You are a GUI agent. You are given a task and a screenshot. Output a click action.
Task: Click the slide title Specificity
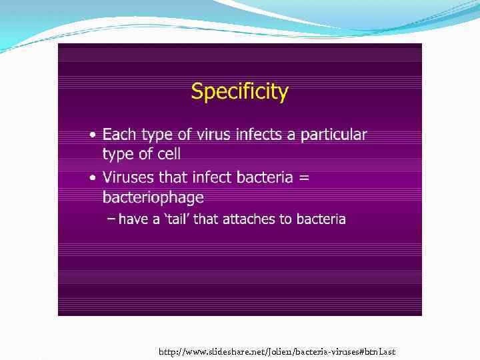(x=239, y=91)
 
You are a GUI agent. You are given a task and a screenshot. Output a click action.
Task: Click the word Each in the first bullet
(x=119, y=135)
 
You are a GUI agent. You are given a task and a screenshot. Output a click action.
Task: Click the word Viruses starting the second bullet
(x=128, y=177)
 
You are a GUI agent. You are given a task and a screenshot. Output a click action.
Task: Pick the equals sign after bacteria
(x=303, y=178)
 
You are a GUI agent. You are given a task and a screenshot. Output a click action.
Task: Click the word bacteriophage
(x=153, y=197)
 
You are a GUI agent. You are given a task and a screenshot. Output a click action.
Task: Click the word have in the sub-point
(x=133, y=219)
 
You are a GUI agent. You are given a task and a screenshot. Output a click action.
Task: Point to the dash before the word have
(x=111, y=219)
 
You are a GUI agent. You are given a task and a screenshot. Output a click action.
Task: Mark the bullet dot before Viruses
(x=93, y=179)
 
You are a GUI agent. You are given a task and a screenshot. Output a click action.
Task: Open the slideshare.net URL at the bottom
(x=277, y=351)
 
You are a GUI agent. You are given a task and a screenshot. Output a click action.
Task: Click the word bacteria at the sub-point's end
(x=321, y=219)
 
